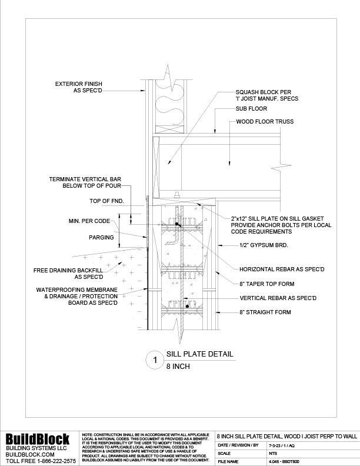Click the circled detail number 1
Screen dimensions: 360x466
154,360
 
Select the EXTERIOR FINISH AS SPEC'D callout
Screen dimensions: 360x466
79,87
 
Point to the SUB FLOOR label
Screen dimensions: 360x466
251,109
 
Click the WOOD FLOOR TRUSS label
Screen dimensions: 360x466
265,122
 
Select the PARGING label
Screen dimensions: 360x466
94,238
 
